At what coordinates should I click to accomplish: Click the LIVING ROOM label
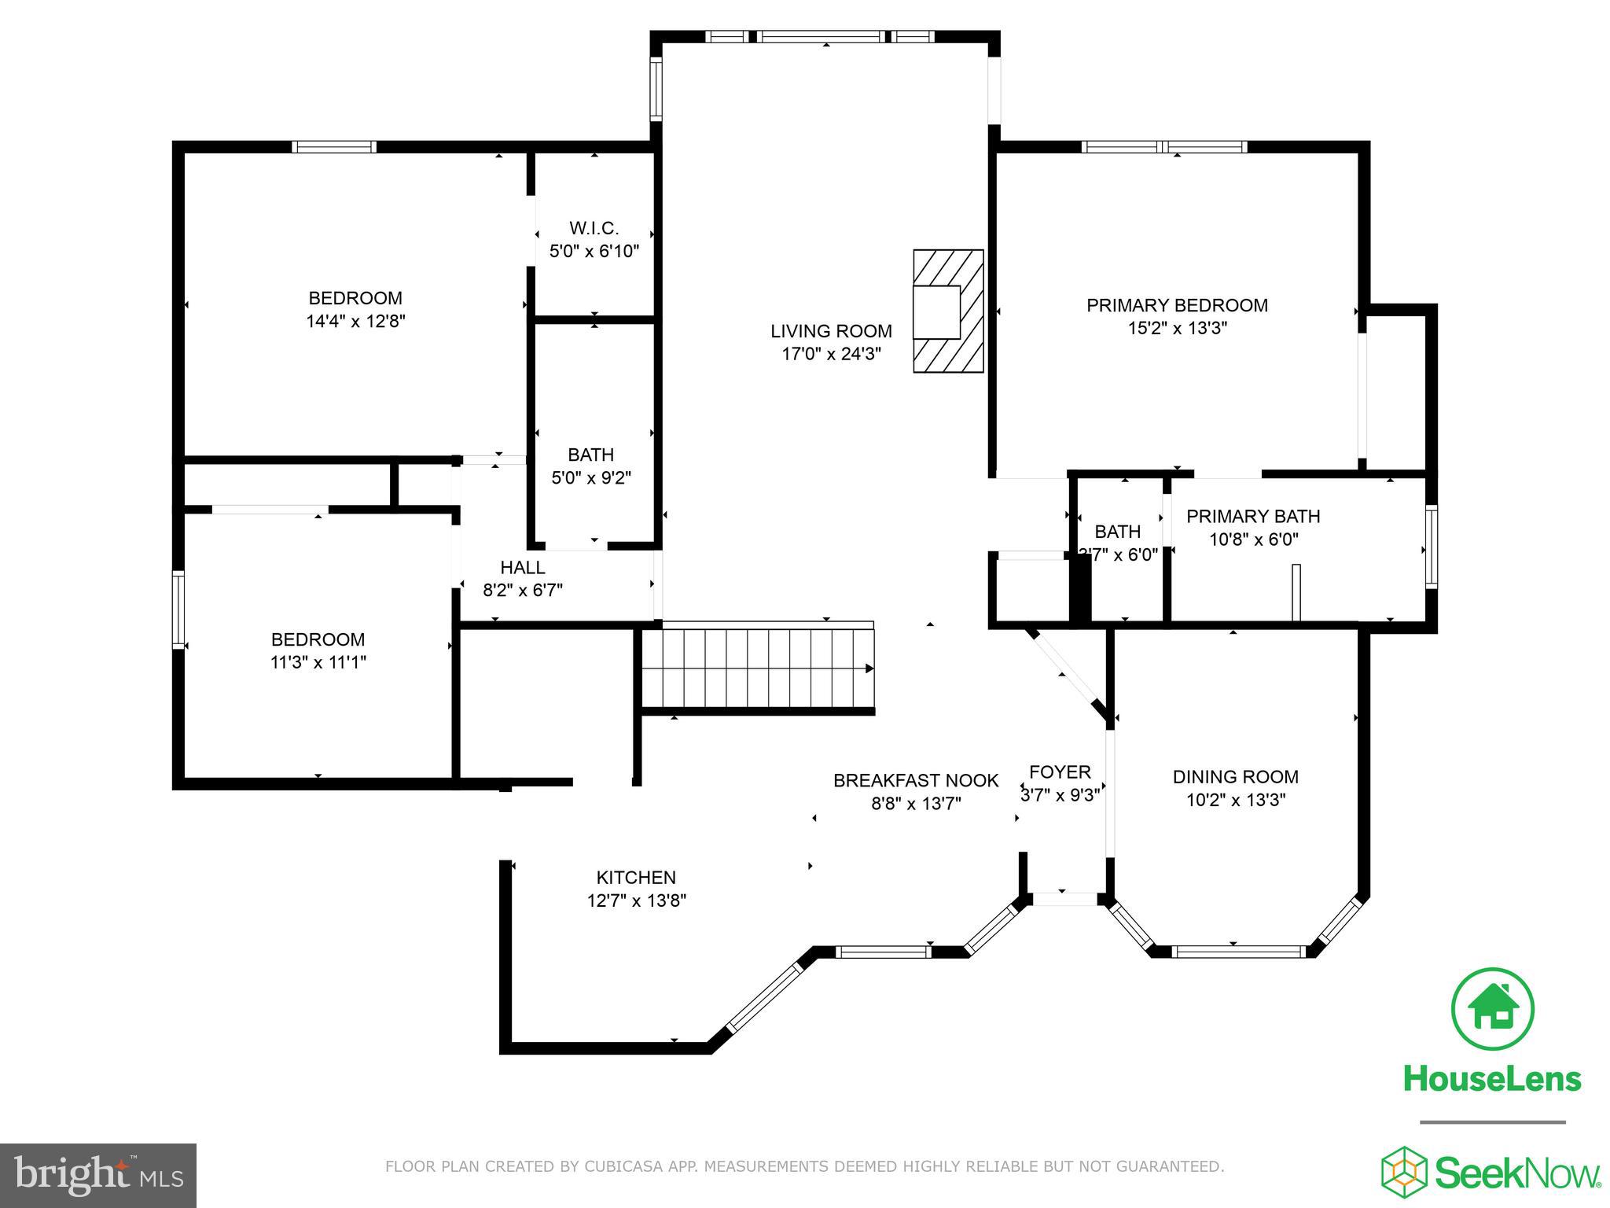click(831, 331)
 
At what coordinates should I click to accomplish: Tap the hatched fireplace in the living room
click(948, 311)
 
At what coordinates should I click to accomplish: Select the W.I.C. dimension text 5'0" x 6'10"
click(594, 252)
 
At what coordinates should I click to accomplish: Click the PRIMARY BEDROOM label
click(1177, 305)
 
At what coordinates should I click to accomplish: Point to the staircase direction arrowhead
click(869, 668)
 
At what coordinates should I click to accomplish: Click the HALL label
click(522, 567)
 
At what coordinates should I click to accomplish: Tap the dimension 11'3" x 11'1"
click(318, 662)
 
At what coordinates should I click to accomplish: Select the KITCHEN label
click(636, 877)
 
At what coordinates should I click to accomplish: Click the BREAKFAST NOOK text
click(916, 780)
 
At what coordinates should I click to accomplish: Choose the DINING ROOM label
click(1235, 777)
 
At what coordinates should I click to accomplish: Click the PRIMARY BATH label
click(1253, 516)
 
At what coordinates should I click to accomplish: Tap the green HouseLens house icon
click(1492, 1009)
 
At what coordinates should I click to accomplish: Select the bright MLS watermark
click(98, 1175)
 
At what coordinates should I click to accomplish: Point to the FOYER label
click(1060, 772)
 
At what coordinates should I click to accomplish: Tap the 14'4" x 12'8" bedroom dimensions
click(355, 321)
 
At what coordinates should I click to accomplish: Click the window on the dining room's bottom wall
click(1238, 952)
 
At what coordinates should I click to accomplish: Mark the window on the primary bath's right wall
click(1432, 547)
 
